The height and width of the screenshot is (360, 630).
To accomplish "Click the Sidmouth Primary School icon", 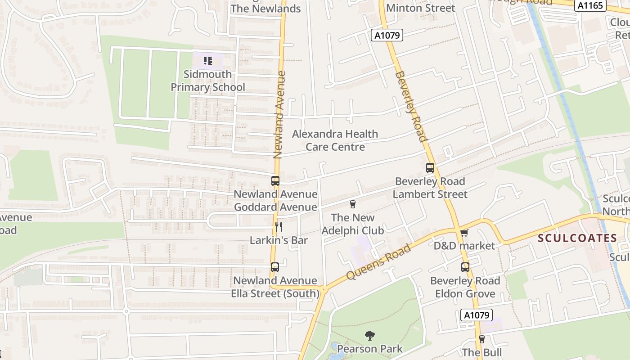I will pos(207,60).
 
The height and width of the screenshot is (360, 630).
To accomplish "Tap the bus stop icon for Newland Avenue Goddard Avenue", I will pos(275,181).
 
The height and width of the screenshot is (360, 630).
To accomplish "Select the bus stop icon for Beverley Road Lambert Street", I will pos(430,168).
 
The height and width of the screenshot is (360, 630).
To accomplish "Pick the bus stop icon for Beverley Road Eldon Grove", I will pos(465,267).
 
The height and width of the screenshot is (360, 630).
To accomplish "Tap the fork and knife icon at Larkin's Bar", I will pos(279,226).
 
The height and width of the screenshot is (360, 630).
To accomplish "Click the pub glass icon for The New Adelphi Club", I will pos(353,204).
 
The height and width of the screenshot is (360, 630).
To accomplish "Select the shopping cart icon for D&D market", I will pos(464,232).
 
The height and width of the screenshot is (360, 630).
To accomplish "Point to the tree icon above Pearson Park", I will pos(369,335).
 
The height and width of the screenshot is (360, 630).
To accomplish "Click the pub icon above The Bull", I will pos(482,339).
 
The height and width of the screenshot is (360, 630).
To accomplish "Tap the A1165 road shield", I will pos(590,5).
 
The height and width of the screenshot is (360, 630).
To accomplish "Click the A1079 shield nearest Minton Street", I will pos(387,35).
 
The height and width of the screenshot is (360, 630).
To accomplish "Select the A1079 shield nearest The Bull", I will pos(477,315).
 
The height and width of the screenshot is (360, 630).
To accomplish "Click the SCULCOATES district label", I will pos(577,238).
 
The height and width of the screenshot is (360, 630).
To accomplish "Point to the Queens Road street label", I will pos(378,262).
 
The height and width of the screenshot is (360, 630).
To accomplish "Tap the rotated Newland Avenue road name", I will pos(279,115).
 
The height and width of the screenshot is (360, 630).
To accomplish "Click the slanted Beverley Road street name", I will pos(410,106).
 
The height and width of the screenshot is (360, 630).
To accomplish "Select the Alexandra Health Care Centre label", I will pos(335,140).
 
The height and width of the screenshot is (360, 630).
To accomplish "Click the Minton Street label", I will pos(420,8).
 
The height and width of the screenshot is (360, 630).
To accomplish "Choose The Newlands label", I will pos(265,9).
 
